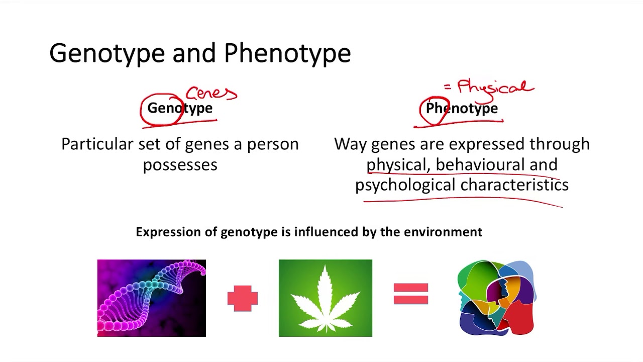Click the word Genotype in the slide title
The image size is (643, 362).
(107, 53)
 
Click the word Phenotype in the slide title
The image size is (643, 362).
(287, 53)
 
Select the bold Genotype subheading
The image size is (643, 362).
(180, 108)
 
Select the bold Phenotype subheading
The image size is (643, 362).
(462, 108)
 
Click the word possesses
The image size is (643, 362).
(180, 165)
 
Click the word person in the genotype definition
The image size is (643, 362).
(273, 144)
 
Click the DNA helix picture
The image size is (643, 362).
(152, 298)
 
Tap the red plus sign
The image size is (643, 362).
(243, 298)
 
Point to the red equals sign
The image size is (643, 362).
(411, 294)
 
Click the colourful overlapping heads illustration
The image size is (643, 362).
(496, 298)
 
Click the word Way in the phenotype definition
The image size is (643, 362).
(350, 144)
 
